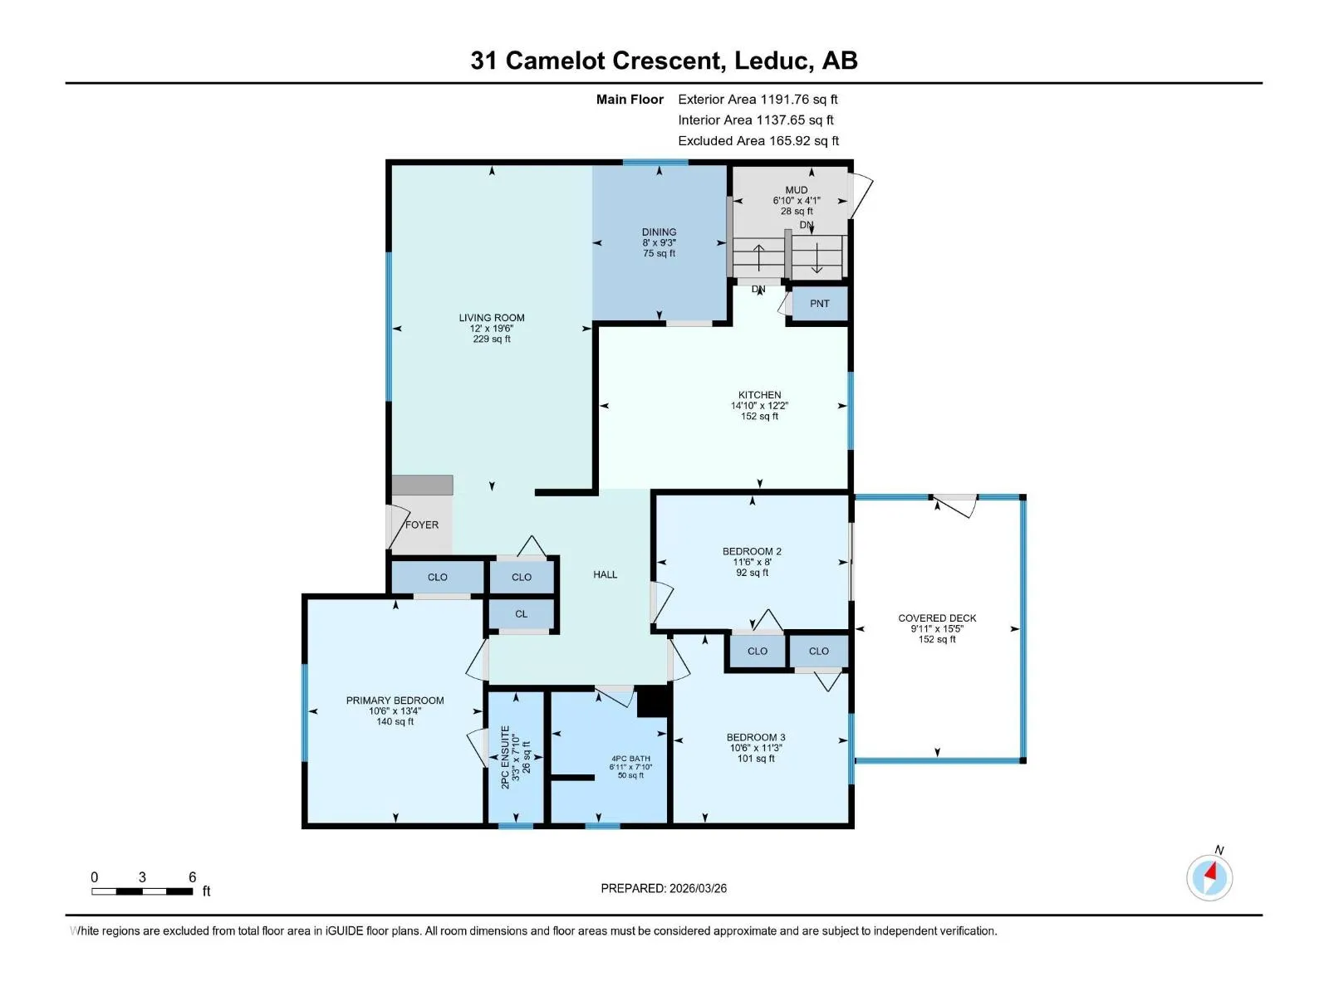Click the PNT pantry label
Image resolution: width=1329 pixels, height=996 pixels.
pyautogui.click(x=819, y=304)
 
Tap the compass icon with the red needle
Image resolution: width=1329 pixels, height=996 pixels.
pyautogui.click(x=1209, y=876)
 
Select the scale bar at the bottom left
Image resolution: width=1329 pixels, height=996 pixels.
pyautogui.click(x=142, y=891)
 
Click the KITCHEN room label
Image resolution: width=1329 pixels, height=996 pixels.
pyautogui.click(x=759, y=395)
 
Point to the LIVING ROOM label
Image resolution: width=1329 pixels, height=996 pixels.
pyautogui.click(x=492, y=318)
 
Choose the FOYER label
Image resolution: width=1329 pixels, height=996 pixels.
pyautogui.click(x=421, y=525)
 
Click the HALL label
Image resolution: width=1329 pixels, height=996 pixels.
pyautogui.click(x=605, y=574)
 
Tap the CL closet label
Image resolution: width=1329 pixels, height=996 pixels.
pyautogui.click(x=522, y=614)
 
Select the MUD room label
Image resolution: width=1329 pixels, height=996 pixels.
pyautogui.click(x=797, y=190)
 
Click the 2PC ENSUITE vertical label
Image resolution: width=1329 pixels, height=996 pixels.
pyautogui.click(x=506, y=756)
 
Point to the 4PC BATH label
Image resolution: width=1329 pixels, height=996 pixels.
pyautogui.click(x=630, y=759)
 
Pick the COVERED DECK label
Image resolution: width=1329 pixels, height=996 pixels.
pyautogui.click(x=937, y=618)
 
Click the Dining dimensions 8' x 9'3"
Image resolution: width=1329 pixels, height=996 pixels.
pyautogui.click(x=660, y=242)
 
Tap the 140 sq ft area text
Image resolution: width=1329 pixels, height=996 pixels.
pyautogui.click(x=395, y=721)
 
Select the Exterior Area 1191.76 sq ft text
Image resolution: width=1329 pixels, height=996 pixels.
pyautogui.click(x=758, y=99)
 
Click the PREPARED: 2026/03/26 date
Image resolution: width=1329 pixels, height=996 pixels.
pyautogui.click(x=664, y=888)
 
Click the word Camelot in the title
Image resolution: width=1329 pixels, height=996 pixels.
pyautogui.click(x=555, y=61)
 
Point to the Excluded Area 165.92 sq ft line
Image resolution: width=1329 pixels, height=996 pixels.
pyautogui.click(x=758, y=141)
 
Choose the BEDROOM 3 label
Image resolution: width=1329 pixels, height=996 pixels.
pyautogui.click(x=756, y=737)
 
